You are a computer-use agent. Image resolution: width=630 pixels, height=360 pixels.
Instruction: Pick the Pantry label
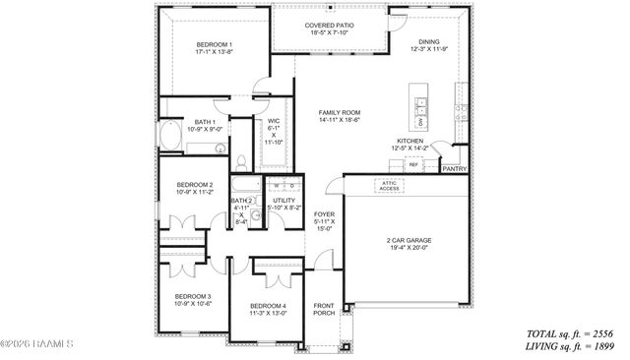tap(454, 168)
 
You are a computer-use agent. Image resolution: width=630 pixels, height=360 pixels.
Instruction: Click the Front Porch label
tap(324, 309)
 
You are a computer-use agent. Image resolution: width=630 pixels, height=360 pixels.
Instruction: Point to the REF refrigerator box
tap(413, 165)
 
